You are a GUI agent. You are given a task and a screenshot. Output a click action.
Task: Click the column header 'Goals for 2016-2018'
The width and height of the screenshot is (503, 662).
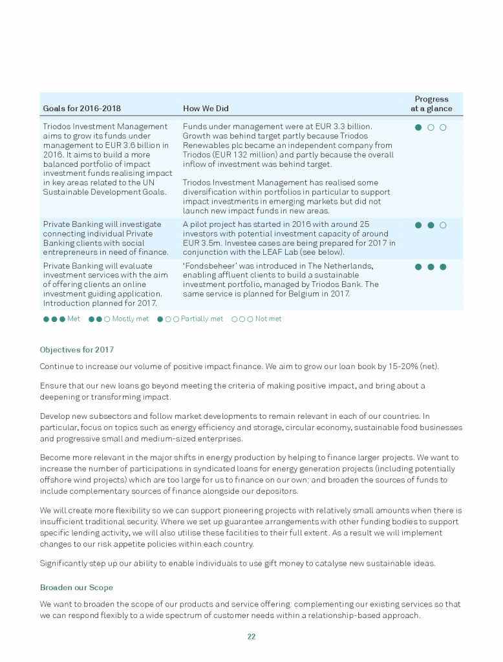click(81, 108)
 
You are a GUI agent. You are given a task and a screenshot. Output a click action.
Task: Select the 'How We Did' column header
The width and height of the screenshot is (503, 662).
click(206, 108)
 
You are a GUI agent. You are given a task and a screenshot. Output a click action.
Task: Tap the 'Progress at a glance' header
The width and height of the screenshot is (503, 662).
click(431, 103)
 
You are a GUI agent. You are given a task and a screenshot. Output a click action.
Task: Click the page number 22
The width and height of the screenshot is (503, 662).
click(251, 637)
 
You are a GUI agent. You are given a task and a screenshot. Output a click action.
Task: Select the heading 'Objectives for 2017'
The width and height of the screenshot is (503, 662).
click(76, 350)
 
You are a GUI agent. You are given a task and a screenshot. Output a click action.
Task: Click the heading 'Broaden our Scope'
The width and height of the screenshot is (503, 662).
click(76, 588)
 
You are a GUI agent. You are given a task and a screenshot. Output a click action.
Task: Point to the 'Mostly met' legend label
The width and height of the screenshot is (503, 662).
click(130, 319)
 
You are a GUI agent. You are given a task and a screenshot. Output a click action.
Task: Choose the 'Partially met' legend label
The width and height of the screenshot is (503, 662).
click(202, 319)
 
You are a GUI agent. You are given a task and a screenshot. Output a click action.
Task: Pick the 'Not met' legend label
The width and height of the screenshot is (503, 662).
click(268, 319)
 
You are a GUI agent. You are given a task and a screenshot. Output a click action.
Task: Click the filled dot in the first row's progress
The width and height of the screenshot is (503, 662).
click(418, 127)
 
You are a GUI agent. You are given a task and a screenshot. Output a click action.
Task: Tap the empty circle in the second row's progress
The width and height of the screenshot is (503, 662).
click(443, 225)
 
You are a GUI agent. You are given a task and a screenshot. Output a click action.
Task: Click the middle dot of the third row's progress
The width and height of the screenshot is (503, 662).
click(431, 266)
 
